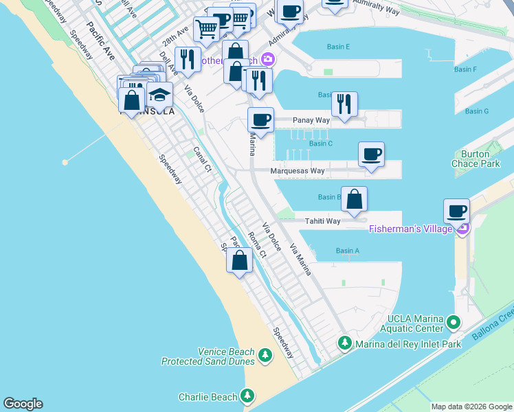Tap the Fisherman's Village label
coord(411,229)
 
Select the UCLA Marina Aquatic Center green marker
coord(453,321)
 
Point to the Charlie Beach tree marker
coord(247,396)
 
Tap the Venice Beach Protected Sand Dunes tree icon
coord(266,356)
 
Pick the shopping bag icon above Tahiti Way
coord(354,199)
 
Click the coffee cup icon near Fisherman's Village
coord(456,211)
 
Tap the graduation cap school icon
coord(159,95)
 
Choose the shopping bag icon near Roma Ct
coord(239,260)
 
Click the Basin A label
coord(348,251)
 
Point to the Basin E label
coord(339,47)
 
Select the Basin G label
coord(476,111)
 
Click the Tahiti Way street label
coord(323,221)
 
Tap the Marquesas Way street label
coord(297,171)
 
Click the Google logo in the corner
coord(23,404)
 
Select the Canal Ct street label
coord(201,160)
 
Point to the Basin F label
coord(465,69)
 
